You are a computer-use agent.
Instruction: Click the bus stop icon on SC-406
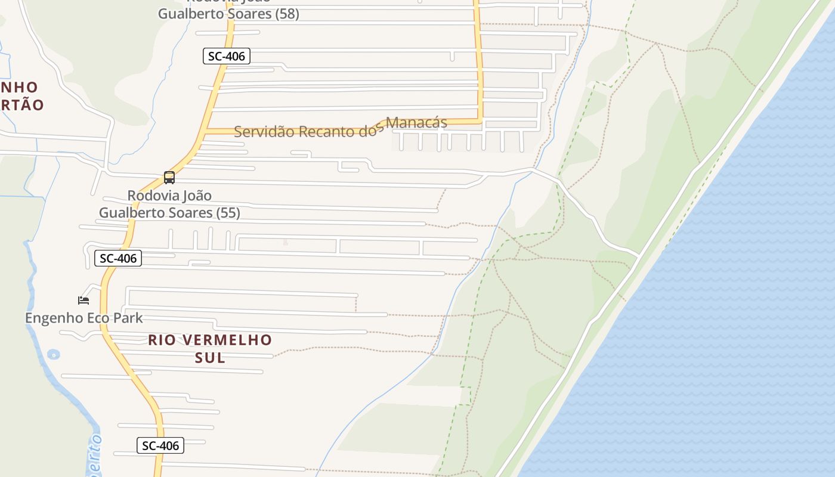(169, 177)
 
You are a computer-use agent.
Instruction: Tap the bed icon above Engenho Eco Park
(83, 300)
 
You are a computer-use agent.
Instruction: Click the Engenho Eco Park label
(83, 318)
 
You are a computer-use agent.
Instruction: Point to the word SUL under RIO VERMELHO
(210, 358)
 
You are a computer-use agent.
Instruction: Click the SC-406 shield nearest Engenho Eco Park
(118, 258)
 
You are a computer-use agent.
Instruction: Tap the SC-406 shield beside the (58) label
(226, 57)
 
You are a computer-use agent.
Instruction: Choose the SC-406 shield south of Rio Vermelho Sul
(160, 445)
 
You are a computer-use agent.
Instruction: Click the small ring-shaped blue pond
(53, 355)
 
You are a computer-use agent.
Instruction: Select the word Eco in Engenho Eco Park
(97, 318)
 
